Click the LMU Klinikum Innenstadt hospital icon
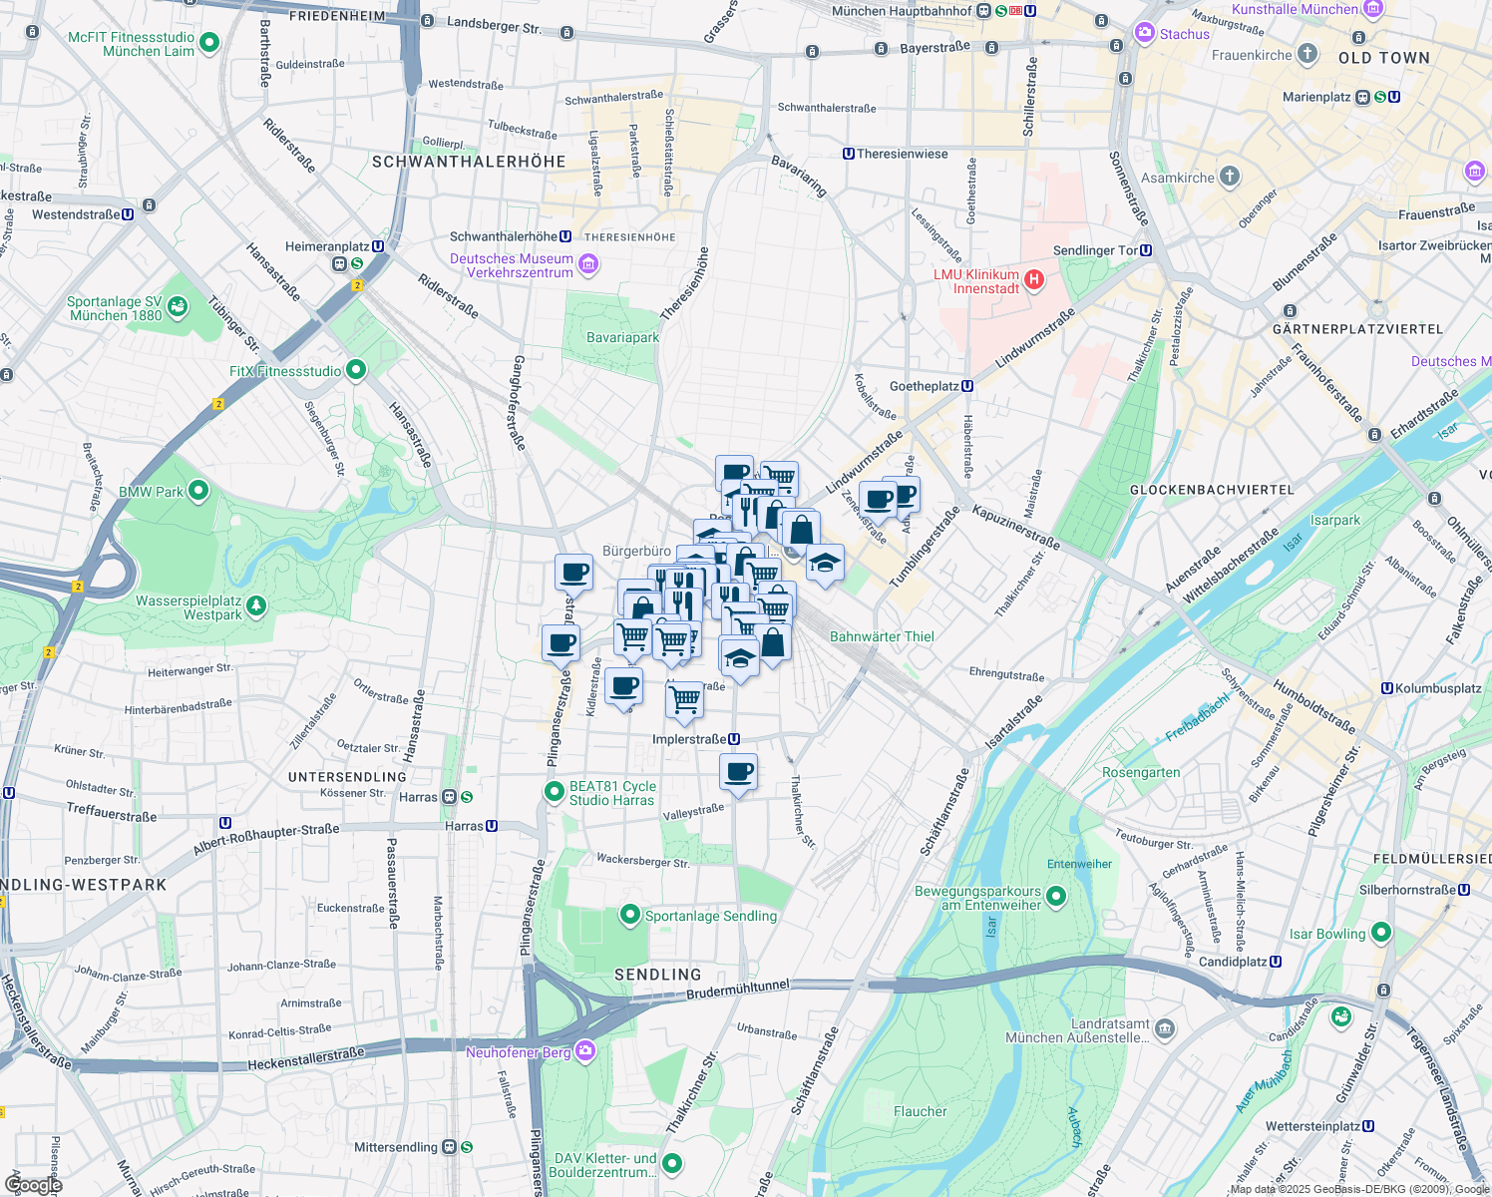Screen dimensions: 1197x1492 click(1034, 280)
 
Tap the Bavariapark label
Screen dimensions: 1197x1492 click(622, 337)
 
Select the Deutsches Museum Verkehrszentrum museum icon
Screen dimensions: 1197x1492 click(588, 264)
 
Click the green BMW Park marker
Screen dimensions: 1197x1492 click(198, 491)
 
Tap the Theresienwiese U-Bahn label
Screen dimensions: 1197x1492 click(896, 154)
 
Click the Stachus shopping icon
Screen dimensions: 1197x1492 click(1144, 34)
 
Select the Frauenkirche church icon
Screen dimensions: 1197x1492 click(1306, 55)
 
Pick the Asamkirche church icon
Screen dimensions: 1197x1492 click(1230, 178)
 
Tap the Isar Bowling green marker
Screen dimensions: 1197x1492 click(1380, 933)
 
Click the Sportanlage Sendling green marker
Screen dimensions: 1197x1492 click(629, 915)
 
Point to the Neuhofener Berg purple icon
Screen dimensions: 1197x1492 click(585, 1051)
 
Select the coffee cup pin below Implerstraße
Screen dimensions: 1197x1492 click(738, 772)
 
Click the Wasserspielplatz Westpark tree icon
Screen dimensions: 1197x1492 click(256, 605)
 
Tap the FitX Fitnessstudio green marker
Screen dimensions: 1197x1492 click(355, 371)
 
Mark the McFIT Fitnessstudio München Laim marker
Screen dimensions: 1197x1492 click(208, 43)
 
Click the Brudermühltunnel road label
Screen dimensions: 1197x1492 click(738, 990)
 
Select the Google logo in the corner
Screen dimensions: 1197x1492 click(33, 1184)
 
